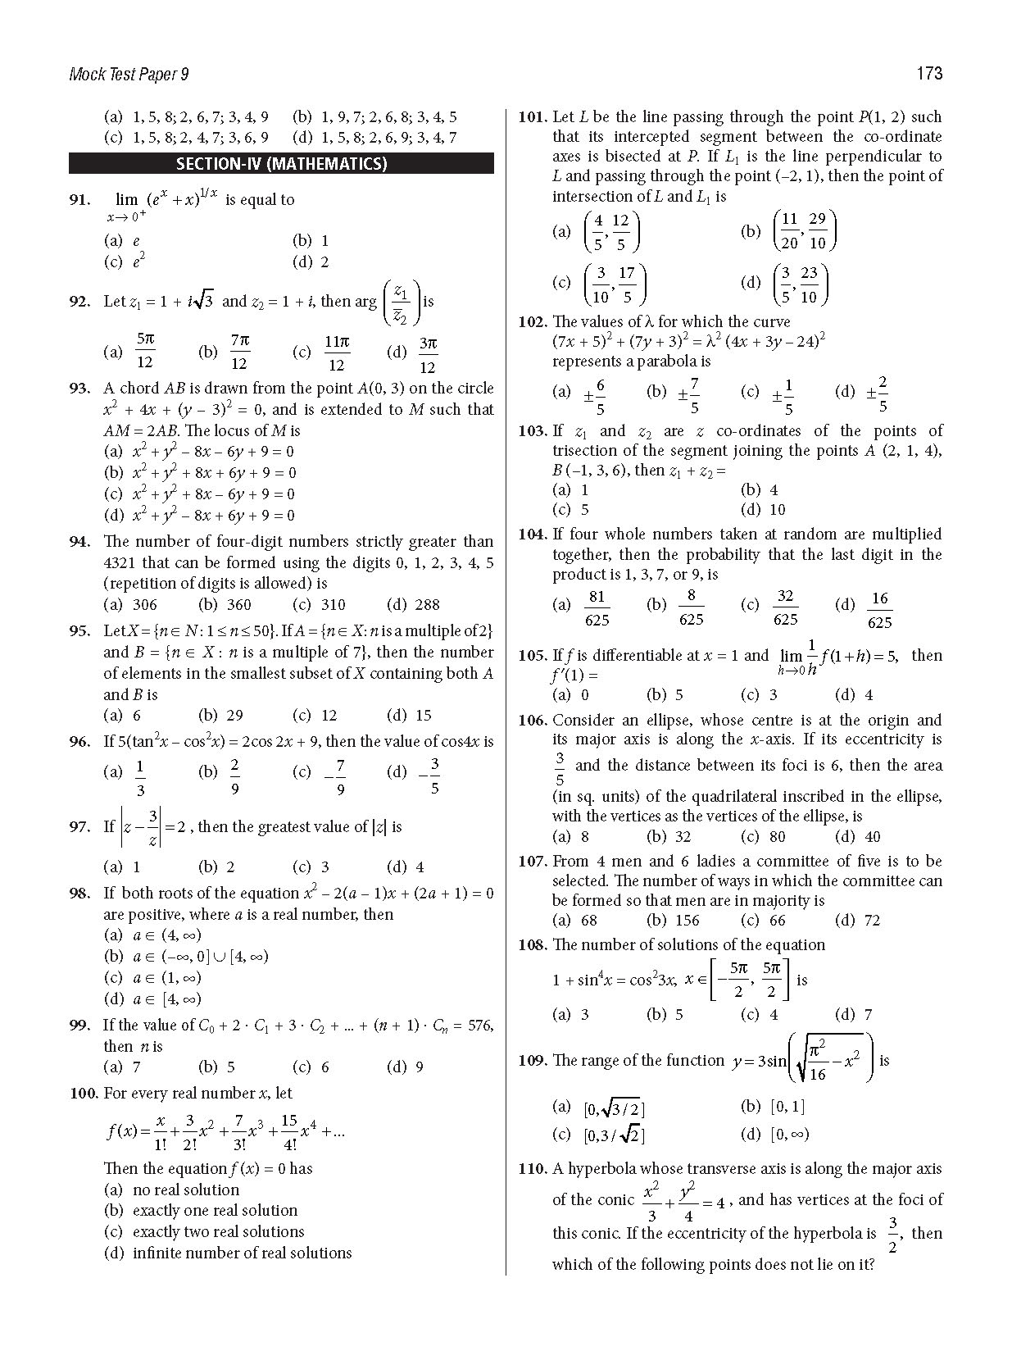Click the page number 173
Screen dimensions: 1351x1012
[x=929, y=74]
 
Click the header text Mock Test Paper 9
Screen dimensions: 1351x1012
[x=129, y=75]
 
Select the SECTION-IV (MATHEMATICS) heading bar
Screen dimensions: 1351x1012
[x=281, y=163]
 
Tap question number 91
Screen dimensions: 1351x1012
[x=79, y=199]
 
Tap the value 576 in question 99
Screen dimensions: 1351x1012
[x=480, y=1026]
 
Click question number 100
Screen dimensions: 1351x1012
[x=84, y=1093]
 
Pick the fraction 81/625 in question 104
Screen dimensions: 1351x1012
[x=597, y=607]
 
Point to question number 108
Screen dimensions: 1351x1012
[x=533, y=944]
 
